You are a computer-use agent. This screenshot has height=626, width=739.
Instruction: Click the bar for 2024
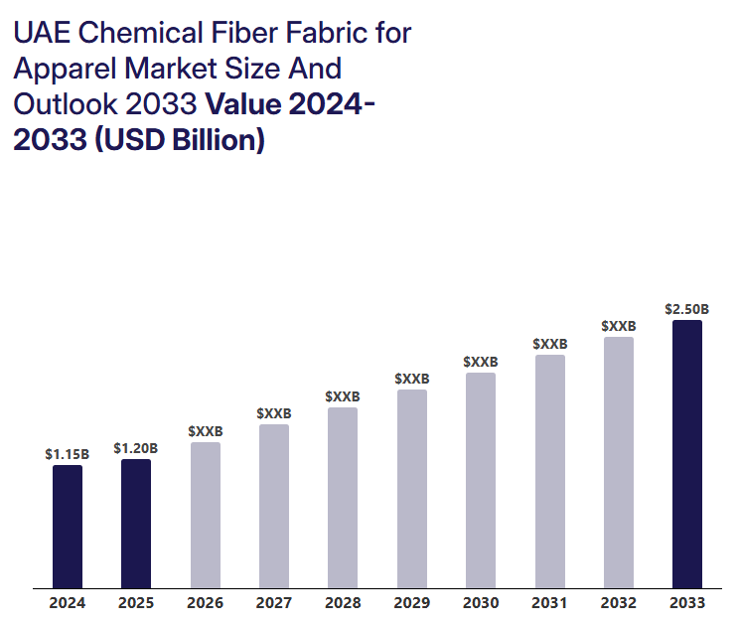click(68, 527)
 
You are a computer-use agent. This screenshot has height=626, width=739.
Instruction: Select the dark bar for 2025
click(136, 524)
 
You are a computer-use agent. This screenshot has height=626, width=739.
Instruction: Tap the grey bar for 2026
click(206, 515)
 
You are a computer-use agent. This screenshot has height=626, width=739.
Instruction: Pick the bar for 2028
click(343, 497)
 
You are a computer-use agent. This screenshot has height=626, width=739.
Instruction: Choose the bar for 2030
click(481, 480)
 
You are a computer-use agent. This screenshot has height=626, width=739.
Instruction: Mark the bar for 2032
click(618, 462)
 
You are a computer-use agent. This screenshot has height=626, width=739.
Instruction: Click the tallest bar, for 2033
click(687, 454)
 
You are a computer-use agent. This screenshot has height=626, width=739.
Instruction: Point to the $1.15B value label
click(68, 454)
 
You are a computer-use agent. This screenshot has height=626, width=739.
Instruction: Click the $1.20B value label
click(136, 448)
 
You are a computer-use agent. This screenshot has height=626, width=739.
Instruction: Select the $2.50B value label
click(687, 309)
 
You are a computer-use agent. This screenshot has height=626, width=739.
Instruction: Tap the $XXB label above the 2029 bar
click(412, 379)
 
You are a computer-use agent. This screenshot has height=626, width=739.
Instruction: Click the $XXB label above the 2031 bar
click(549, 344)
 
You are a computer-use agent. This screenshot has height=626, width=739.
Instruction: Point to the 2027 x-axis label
click(273, 603)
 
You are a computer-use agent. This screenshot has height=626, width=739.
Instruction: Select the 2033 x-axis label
click(687, 603)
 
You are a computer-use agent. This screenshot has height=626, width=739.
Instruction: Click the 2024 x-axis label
click(68, 603)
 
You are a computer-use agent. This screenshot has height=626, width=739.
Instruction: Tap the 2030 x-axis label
click(481, 603)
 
